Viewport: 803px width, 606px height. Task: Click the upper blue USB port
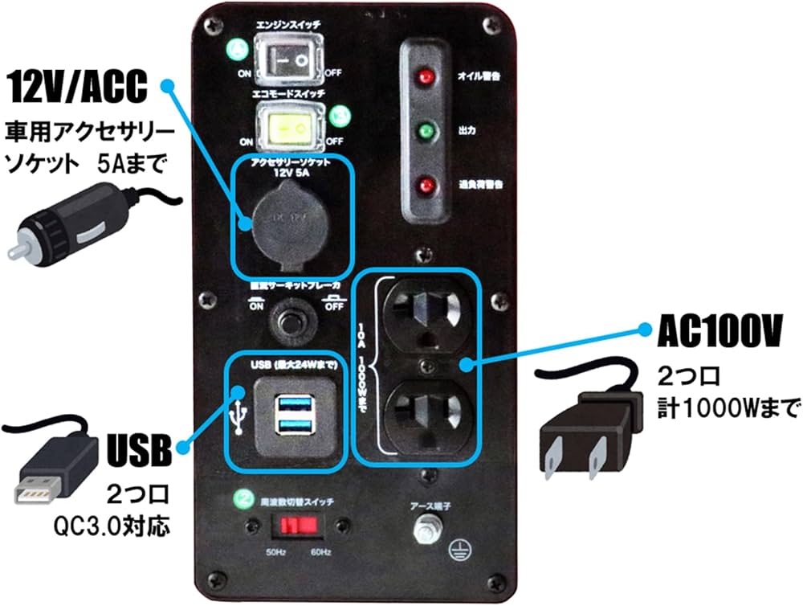[293, 403]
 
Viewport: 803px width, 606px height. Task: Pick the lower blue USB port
[293, 423]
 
